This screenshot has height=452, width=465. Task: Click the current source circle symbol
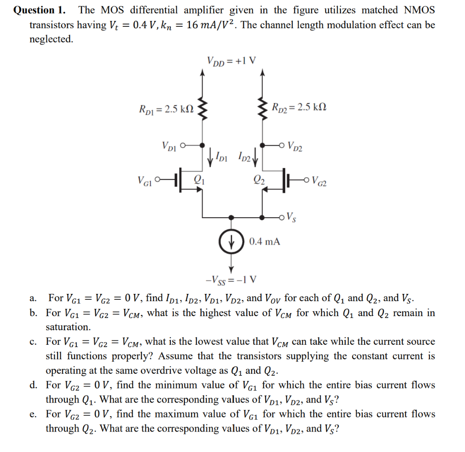click(x=232, y=241)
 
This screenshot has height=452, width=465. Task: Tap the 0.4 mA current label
click(x=265, y=241)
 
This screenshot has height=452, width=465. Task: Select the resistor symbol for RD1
click(x=203, y=109)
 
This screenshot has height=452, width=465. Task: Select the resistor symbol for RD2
click(x=262, y=109)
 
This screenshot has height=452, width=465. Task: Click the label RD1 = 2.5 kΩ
click(x=166, y=109)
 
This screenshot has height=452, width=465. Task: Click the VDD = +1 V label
click(x=231, y=60)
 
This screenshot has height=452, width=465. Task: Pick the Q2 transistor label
click(x=257, y=180)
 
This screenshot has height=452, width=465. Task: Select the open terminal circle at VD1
click(x=183, y=146)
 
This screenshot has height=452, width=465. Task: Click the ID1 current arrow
click(x=210, y=158)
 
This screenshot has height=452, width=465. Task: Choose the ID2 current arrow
click(x=255, y=158)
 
